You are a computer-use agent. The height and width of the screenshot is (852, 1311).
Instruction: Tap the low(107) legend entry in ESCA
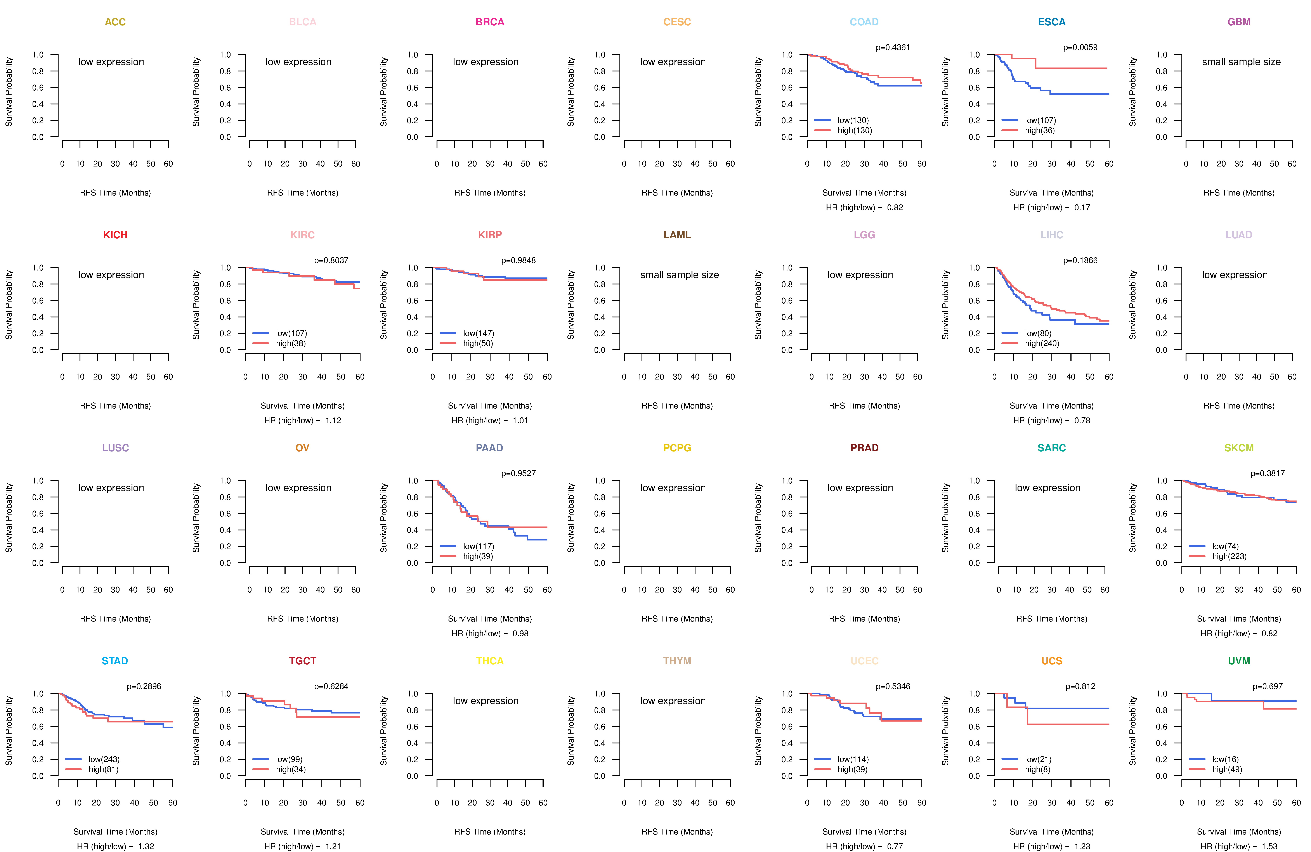pos(1040,120)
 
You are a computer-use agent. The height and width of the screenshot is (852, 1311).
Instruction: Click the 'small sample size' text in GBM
pos(1241,62)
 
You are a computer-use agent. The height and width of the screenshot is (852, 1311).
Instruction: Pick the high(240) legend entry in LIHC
pos(1042,343)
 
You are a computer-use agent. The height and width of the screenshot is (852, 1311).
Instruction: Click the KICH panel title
pos(115,235)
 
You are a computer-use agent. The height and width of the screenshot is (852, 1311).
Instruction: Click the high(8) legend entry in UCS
pos(1037,769)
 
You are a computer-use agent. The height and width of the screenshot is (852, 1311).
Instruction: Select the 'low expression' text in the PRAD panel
pos(860,488)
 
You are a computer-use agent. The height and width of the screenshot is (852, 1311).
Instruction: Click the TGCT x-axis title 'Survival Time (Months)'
pos(302,832)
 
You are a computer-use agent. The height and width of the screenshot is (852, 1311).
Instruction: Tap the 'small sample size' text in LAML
pos(679,275)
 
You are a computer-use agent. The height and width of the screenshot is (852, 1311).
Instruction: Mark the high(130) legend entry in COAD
pos(854,130)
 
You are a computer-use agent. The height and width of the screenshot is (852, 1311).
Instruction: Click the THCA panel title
pos(490,661)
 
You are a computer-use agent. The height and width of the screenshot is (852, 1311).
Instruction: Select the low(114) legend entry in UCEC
pos(853,759)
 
